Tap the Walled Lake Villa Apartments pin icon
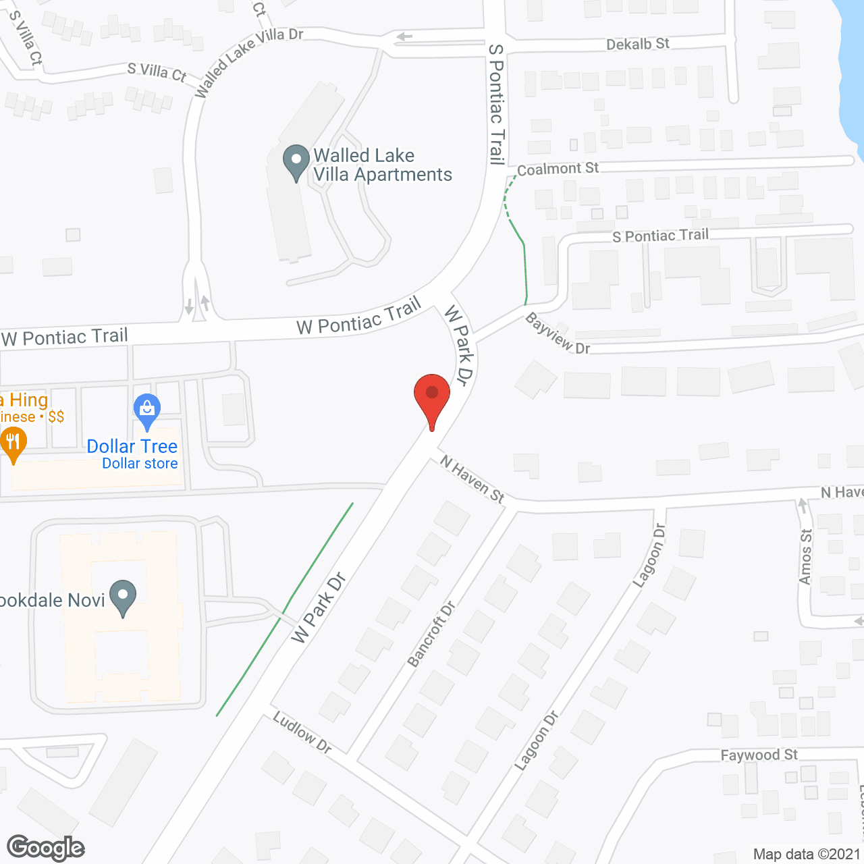point(296,162)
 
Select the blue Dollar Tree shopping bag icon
point(146,409)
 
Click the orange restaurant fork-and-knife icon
point(13,444)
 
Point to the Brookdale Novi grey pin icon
point(123,597)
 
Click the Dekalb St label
point(637,45)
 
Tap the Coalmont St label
point(558,169)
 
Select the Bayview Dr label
point(558,333)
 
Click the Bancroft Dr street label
point(431,634)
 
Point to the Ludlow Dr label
point(302,732)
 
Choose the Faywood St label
point(759,755)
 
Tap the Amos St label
point(805,557)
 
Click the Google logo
point(45,848)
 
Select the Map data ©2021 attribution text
point(807,855)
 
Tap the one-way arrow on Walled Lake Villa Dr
point(404,36)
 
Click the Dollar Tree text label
point(132,447)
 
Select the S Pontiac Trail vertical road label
point(497,105)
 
